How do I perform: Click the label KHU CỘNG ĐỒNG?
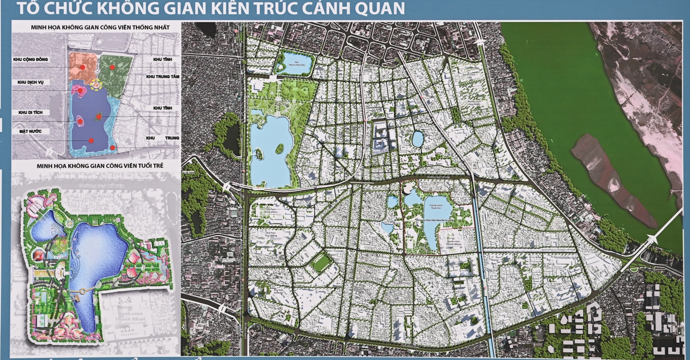tap(31, 59)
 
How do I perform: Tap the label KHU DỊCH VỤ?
tap(31, 82)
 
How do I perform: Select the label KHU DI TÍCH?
tap(31, 112)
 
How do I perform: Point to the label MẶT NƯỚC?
tap(31, 131)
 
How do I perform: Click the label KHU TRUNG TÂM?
tap(162, 77)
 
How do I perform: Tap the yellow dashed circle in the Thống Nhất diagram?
tap(96, 85)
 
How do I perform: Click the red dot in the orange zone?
tap(83, 67)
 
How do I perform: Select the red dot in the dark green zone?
tap(112, 67)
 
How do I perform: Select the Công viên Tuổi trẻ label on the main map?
tap(436, 207)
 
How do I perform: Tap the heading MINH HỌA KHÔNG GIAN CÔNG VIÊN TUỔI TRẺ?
tap(100, 166)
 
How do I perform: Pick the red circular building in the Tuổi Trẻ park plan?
tap(38, 256)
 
